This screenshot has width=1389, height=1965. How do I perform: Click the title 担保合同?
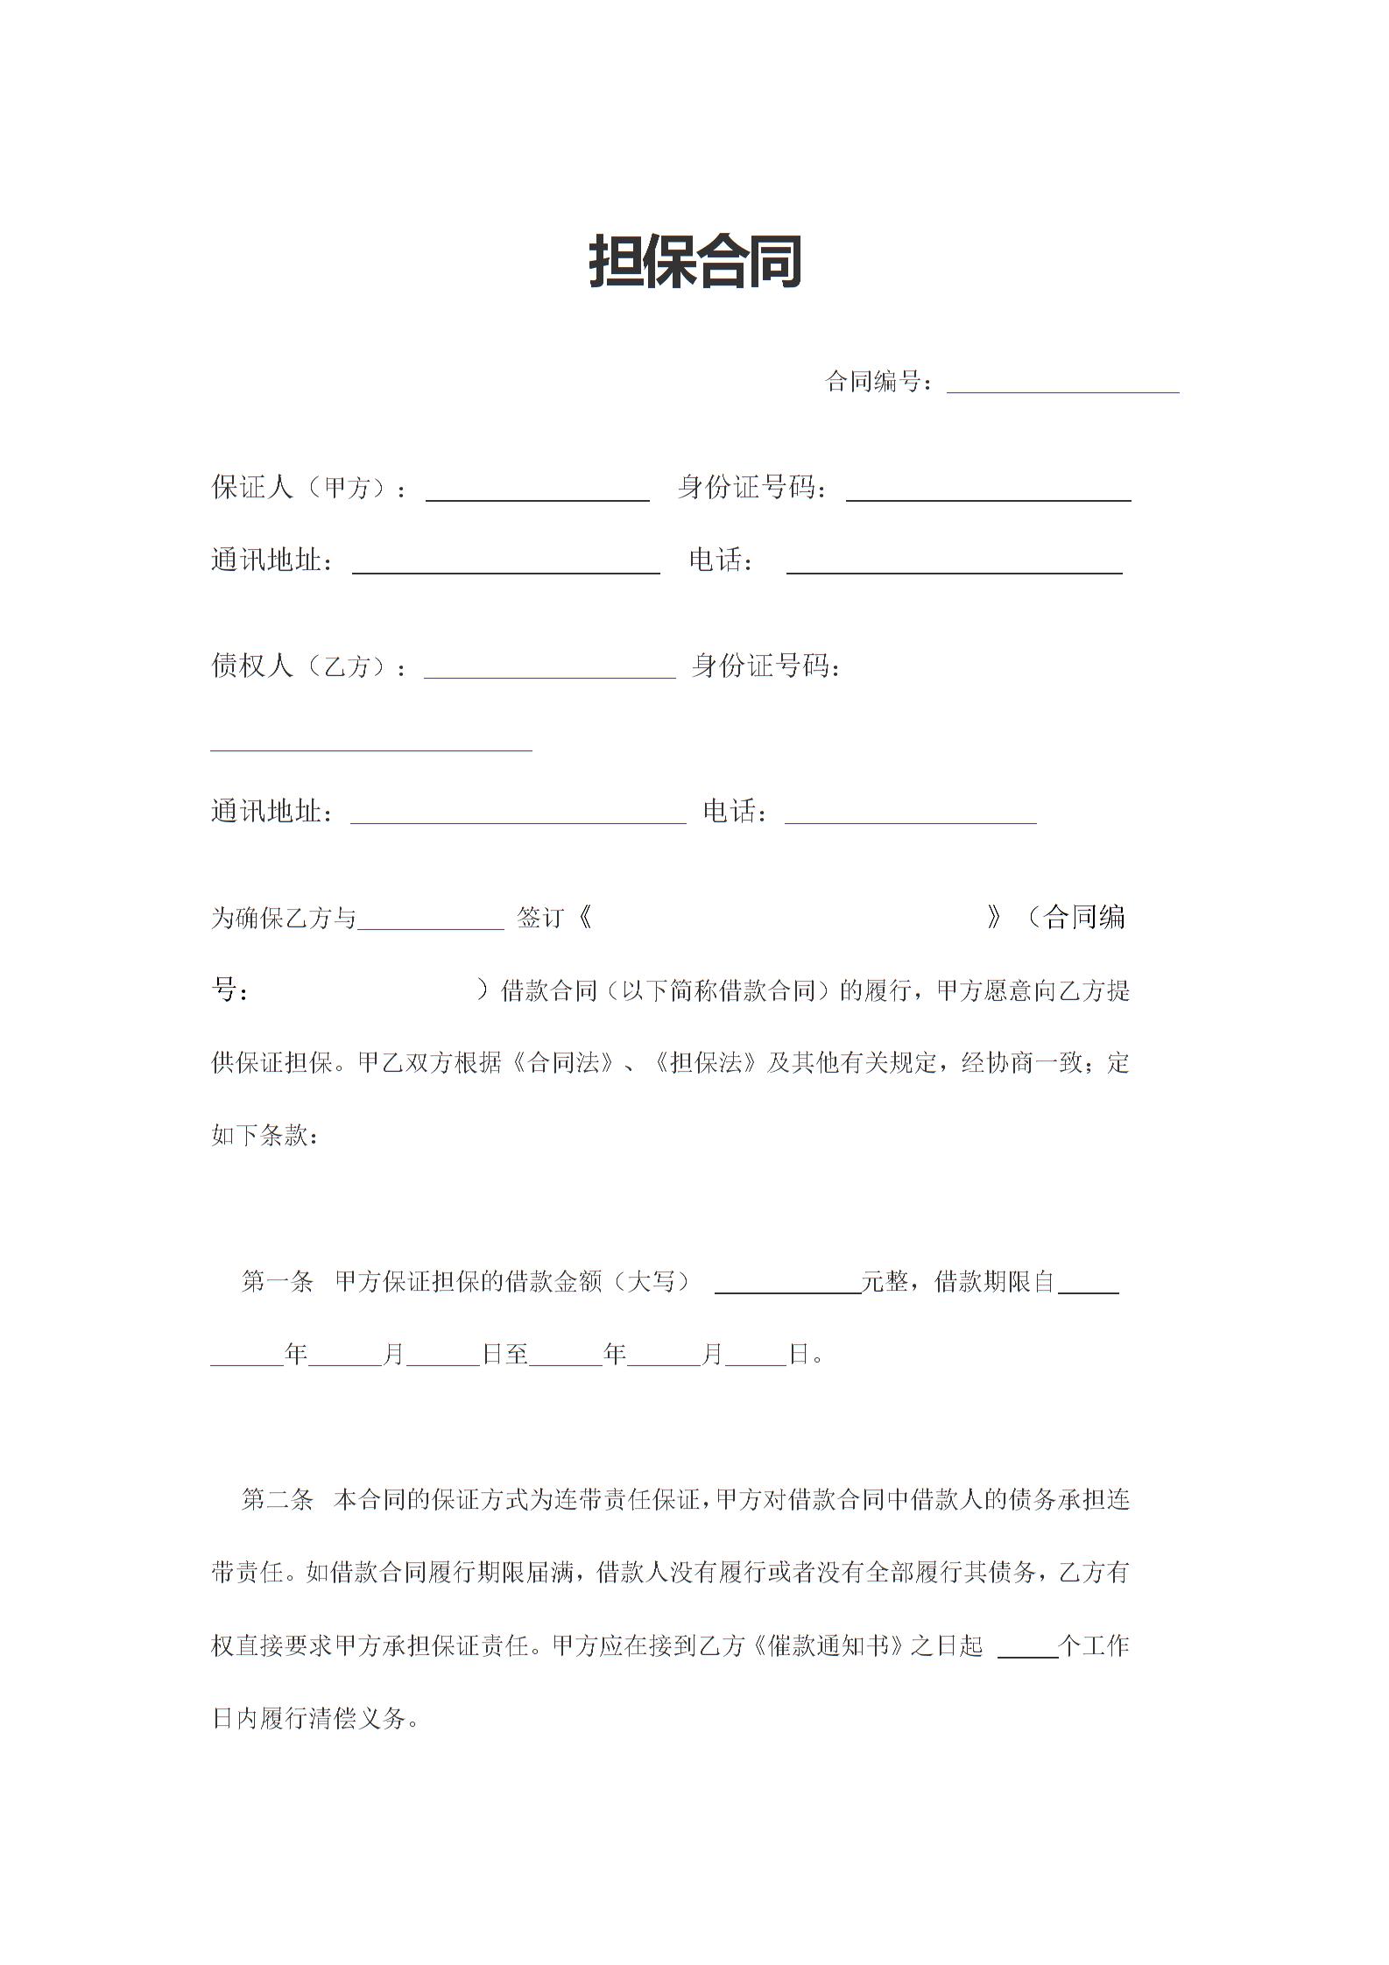coord(695,262)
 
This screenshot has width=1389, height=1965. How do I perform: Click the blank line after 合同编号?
coord(1062,384)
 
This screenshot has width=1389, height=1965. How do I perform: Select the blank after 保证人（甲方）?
coord(537,491)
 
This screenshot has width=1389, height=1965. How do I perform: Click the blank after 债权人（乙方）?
coord(549,669)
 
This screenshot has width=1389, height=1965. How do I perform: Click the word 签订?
coord(539,918)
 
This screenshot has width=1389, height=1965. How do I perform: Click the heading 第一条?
coord(277,1282)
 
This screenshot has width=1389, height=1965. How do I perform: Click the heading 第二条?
coord(277,1500)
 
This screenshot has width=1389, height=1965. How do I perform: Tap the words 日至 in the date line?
coord(505,1355)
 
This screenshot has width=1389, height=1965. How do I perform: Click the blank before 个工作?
coord(1027,1649)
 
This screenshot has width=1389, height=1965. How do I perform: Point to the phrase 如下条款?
coord(260,1137)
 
